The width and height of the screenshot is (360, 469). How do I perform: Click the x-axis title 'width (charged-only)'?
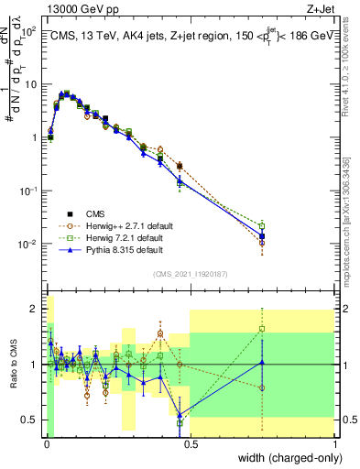pyautogui.click(x=285, y=458)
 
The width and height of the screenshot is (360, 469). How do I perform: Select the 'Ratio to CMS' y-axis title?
pyautogui.click(x=12, y=365)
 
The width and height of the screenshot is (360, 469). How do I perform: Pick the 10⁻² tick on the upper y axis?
pyautogui.click(x=29, y=245)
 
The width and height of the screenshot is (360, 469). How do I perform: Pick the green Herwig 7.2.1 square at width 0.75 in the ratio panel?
pyautogui.click(x=262, y=329)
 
